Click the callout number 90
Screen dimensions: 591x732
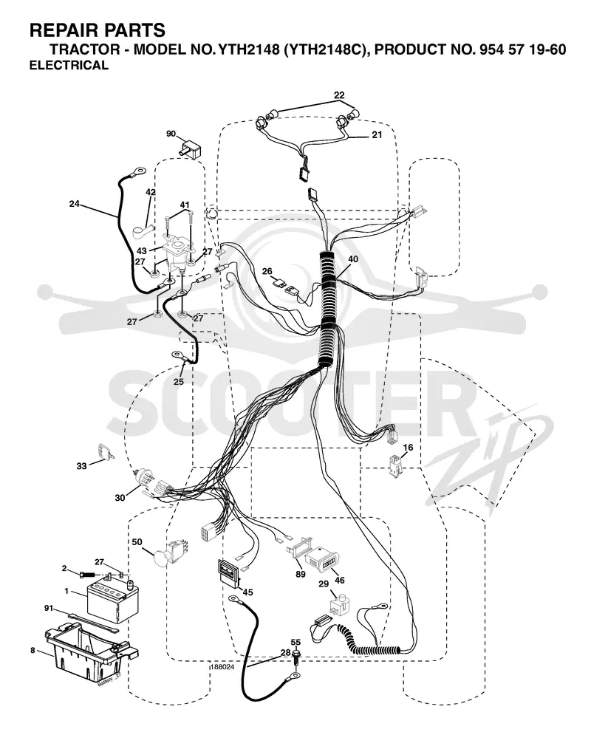pyautogui.click(x=171, y=134)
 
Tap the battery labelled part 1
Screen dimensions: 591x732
pyautogui.click(x=109, y=600)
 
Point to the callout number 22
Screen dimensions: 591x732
pyautogui.click(x=339, y=95)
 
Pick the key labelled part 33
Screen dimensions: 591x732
pyautogui.click(x=104, y=451)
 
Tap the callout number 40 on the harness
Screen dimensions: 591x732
pyautogui.click(x=353, y=259)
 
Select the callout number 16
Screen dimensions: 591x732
pyautogui.click(x=408, y=448)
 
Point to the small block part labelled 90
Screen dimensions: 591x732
pyautogui.click(x=190, y=148)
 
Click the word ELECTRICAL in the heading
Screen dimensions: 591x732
pyautogui.click(x=69, y=65)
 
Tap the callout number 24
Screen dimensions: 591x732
pyautogui.click(x=74, y=204)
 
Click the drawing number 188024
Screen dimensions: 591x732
pyautogui.click(x=222, y=667)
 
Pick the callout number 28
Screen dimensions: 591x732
pyautogui.click(x=286, y=652)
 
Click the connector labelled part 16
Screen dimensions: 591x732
pyautogui.click(x=395, y=467)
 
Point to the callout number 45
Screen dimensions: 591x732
pyautogui.click(x=248, y=592)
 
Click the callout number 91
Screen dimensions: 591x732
pyautogui.click(x=49, y=609)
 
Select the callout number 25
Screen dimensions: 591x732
pyautogui.click(x=179, y=381)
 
